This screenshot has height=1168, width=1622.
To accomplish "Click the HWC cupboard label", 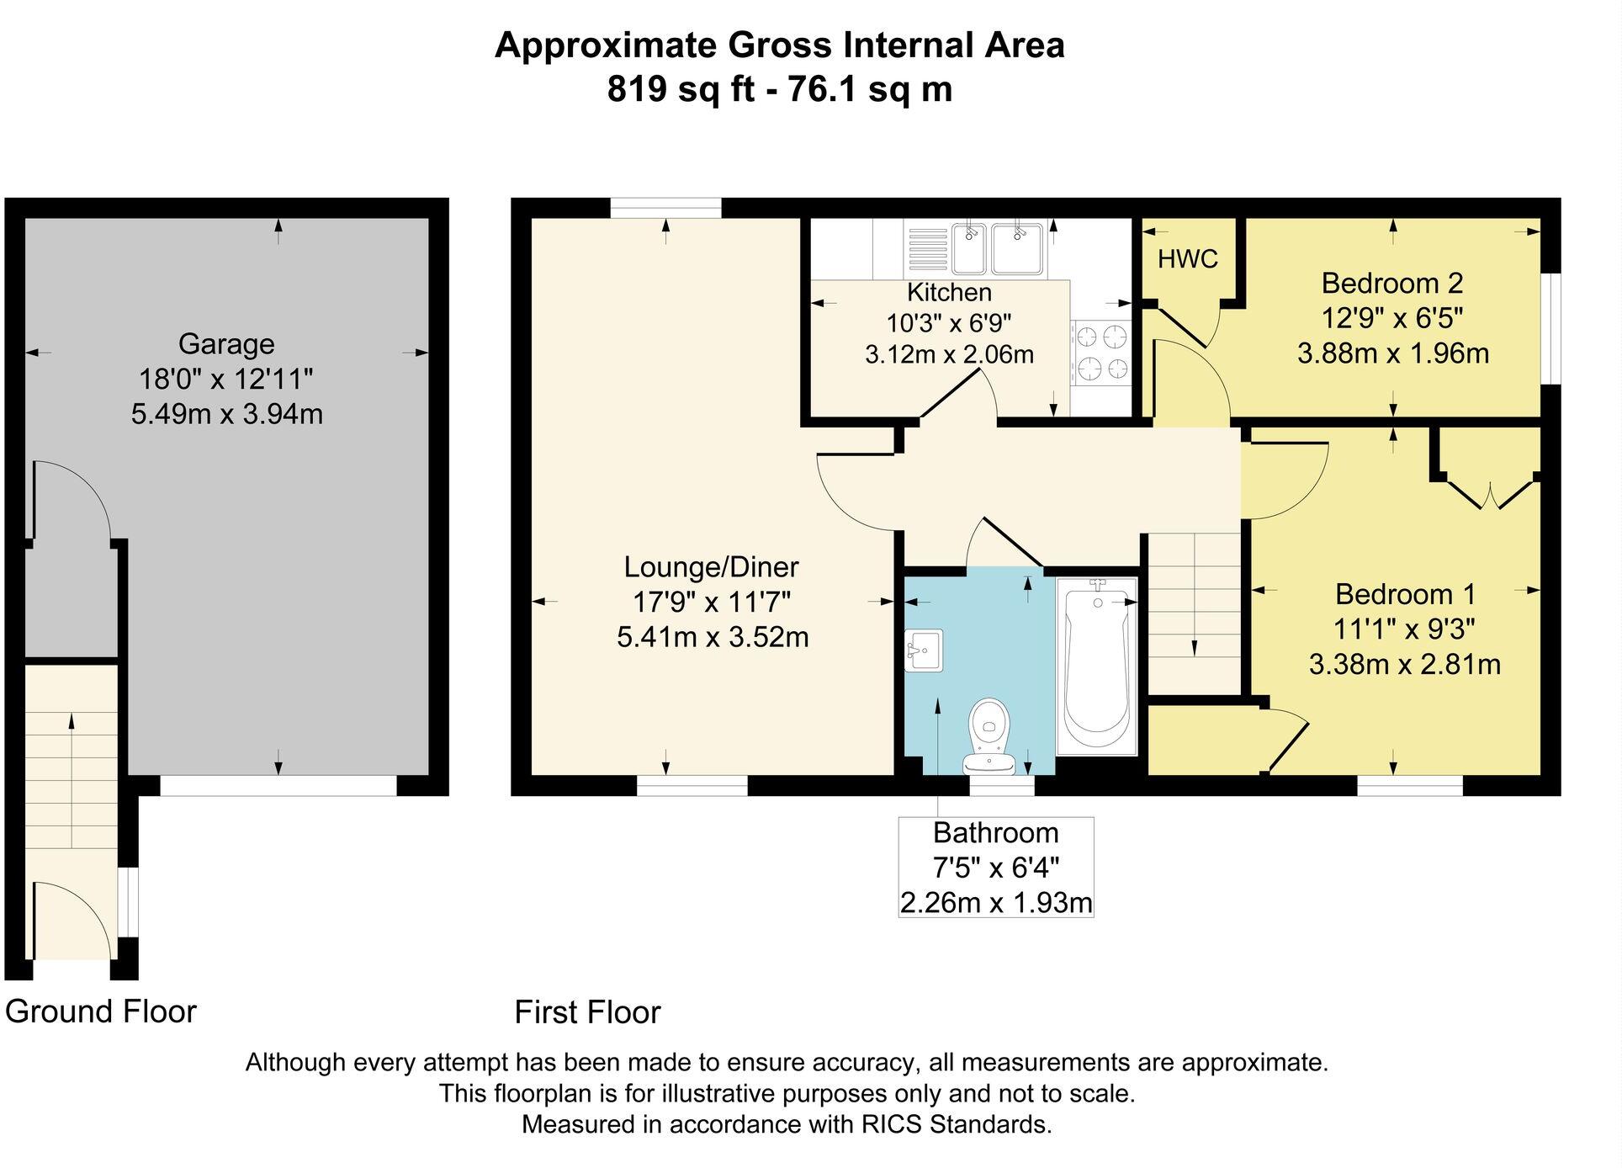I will (1187, 259).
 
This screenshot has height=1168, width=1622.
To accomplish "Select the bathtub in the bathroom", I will (1095, 665).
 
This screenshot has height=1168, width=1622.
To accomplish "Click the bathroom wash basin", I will (924, 650).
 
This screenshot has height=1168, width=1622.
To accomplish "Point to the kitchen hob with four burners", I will (1102, 353).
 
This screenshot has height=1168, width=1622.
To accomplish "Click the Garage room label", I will (226, 344).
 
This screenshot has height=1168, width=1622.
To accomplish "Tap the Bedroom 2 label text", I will (1392, 283).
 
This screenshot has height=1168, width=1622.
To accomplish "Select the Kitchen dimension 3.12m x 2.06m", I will (949, 355).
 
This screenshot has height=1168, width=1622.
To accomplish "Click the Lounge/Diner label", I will (711, 567).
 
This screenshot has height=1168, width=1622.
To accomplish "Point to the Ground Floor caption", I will (101, 1011).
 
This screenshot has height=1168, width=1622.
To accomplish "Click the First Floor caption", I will (587, 1012).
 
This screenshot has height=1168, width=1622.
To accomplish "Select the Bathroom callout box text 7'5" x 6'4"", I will (995, 868).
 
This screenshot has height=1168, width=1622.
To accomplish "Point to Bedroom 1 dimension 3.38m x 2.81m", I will (1404, 665).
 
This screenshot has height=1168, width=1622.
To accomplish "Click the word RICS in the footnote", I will (892, 1124).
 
